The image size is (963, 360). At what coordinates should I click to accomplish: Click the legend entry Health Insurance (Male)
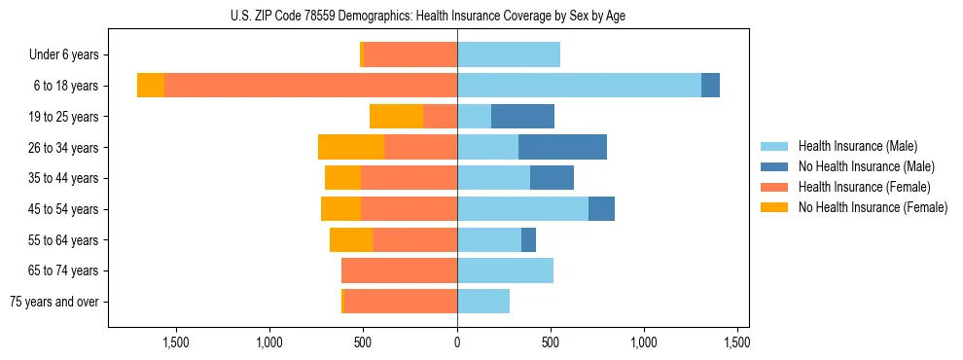[857, 146]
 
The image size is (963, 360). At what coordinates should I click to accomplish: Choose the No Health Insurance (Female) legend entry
[872, 207]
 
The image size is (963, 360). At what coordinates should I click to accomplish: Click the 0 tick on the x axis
[457, 343]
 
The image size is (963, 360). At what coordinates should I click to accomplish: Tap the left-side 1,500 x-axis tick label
[175, 343]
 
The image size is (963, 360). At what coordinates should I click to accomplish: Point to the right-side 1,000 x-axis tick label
[644, 343]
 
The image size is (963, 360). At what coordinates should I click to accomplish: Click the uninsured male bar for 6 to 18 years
[710, 86]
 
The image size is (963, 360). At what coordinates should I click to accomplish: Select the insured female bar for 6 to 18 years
[310, 86]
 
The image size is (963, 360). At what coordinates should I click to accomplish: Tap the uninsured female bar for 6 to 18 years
[151, 86]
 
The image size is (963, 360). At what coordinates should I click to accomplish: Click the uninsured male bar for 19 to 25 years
[522, 117]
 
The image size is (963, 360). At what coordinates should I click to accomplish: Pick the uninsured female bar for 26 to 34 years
[351, 148]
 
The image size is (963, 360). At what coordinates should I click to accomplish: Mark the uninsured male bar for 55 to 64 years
[528, 240]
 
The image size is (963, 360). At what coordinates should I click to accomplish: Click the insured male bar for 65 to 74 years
[505, 270]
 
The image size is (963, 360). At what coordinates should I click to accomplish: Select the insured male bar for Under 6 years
[509, 55]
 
